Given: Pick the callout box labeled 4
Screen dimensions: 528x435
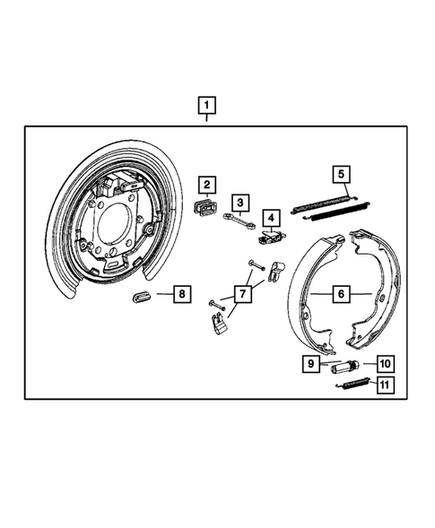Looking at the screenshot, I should click(x=270, y=216).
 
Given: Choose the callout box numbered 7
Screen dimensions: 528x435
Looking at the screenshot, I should click(x=241, y=292).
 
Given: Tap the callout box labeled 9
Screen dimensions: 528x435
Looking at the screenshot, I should click(x=310, y=364).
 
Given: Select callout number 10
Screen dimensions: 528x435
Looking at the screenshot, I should click(x=385, y=364).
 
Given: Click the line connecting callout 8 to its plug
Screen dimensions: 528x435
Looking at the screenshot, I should click(x=162, y=293).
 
